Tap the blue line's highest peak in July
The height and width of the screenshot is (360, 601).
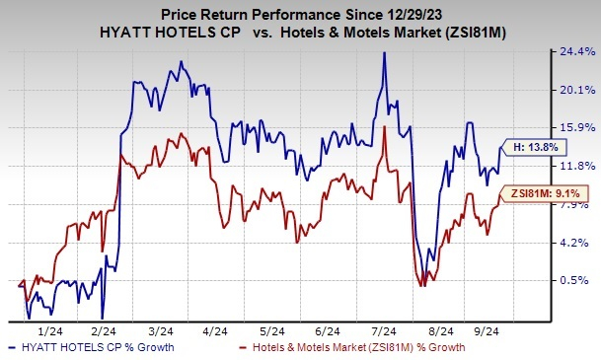point(383,53)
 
